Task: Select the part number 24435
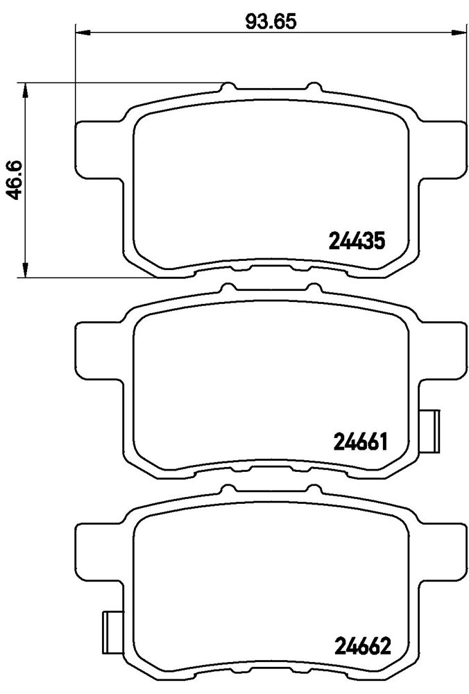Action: coord(357,242)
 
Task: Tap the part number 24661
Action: coord(358,441)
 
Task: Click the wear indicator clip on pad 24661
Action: coord(429,431)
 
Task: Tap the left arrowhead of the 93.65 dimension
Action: coord(83,31)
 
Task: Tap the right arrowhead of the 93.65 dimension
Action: coord(459,31)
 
